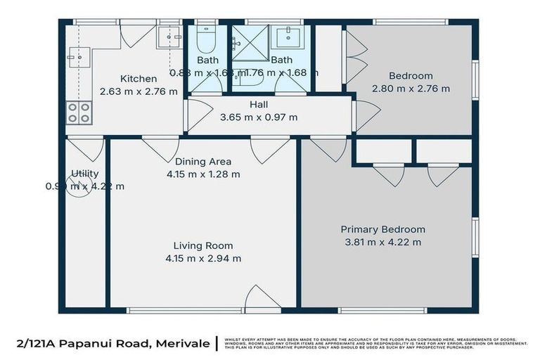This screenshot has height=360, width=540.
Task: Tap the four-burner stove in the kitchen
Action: pyautogui.click(x=78, y=112)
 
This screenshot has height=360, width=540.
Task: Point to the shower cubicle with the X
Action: pyautogui.click(x=250, y=43)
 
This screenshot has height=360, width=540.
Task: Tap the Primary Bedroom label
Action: pyautogui.click(x=382, y=229)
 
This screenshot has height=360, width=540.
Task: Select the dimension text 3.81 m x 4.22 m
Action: pyautogui.click(x=382, y=243)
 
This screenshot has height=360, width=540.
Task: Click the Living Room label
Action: pyautogui.click(x=203, y=245)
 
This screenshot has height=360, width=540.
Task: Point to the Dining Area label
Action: pyautogui.click(x=203, y=161)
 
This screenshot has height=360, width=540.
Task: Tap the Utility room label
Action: pyautogui.click(x=85, y=174)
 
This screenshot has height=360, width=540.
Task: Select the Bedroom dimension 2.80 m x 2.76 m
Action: pyautogui.click(x=411, y=89)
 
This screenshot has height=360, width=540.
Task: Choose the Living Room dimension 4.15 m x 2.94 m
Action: pyautogui.click(x=203, y=258)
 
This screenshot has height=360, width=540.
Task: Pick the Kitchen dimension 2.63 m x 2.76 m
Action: pyautogui.click(x=138, y=91)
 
